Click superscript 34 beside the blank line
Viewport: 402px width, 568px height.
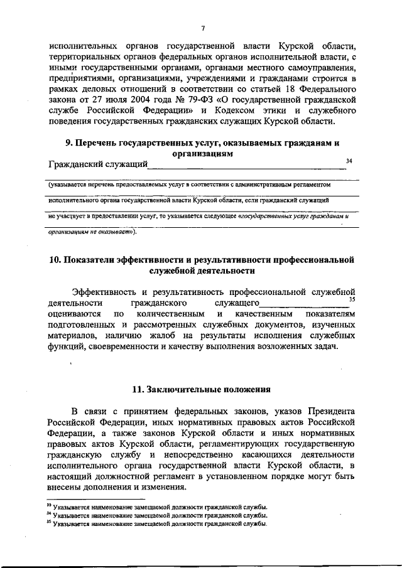click(349, 161)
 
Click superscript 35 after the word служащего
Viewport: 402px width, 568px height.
click(352, 299)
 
